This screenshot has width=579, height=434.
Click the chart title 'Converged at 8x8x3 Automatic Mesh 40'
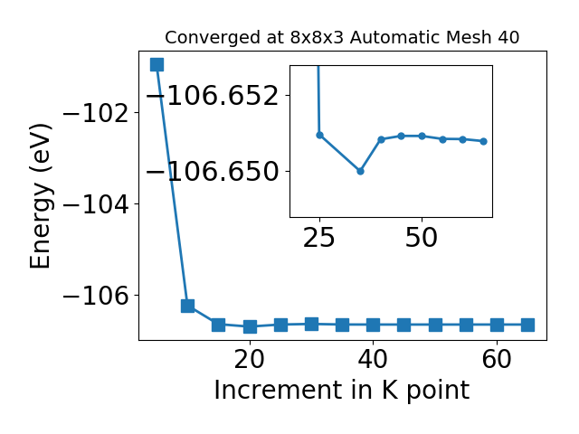coord(342,38)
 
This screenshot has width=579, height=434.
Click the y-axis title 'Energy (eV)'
coord(40,196)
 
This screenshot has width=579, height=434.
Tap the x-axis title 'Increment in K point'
coord(342,391)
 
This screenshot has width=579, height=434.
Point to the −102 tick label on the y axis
coord(97,112)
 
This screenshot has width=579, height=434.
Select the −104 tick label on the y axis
coord(97,203)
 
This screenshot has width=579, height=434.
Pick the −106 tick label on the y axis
coord(97,296)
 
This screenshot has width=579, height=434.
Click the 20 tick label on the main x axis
coord(250,359)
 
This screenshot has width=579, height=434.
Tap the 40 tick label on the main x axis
coord(373,359)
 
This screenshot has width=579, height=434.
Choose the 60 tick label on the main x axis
coord(497,359)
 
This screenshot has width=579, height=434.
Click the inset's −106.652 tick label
coord(213,96)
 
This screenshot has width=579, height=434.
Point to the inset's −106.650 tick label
coord(213,172)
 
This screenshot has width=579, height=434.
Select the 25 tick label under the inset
coord(319,238)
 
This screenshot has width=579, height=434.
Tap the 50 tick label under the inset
coord(422,238)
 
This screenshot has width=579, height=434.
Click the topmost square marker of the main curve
coord(157,64)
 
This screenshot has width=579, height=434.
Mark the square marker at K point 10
coord(187,306)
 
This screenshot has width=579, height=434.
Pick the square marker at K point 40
coord(373,325)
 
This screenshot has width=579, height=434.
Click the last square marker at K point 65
coord(527,325)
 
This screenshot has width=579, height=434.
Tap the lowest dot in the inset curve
coord(360,171)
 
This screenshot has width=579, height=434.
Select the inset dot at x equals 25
coord(319,135)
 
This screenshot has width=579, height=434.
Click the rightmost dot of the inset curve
coord(483,141)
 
